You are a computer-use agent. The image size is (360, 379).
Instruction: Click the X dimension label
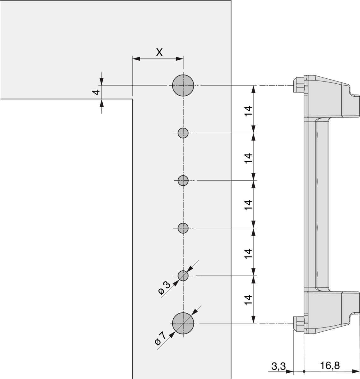click(x=159, y=52)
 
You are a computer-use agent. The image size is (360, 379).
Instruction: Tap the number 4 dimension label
click(x=96, y=92)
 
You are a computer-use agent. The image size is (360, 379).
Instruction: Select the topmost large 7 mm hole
click(x=183, y=86)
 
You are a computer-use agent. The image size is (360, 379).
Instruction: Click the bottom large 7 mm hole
click(x=183, y=323)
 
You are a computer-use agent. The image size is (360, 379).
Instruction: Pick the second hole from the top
click(x=183, y=133)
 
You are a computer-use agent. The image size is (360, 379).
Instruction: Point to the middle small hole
click(x=183, y=181)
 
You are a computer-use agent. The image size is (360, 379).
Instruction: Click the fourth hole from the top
click(x=183, y=228)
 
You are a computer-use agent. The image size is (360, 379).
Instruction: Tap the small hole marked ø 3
click(x=183, y=276)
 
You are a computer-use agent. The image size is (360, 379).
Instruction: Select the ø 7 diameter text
click(x=160, y=338)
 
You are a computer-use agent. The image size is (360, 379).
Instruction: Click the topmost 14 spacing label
click(x=249, y=111)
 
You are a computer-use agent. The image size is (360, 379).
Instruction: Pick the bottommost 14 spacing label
click(x=249, y=299)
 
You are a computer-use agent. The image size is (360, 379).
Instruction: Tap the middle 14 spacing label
click(x=249, y=205)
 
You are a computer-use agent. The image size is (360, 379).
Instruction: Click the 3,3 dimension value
click(x=279, y=366)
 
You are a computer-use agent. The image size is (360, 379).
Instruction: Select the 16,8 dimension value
click(x=330, y=366)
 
